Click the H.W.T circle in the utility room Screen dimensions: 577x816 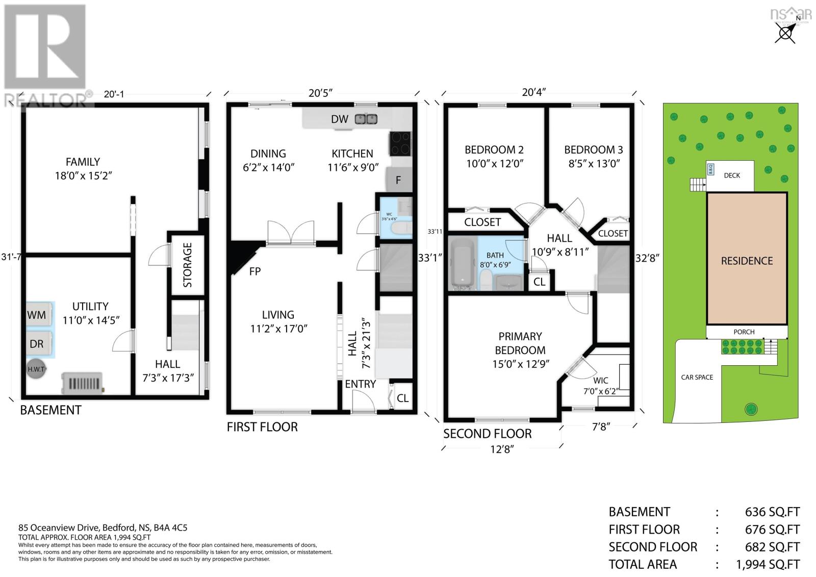(x=36, y=370)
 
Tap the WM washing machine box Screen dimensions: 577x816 (x=37, y=315)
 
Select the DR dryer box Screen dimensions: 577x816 (x=37, y=344)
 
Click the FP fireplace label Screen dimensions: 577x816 (x=255, y=271)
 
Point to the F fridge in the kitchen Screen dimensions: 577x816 (x=398, y=180)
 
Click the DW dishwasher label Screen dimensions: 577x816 (x=340, y=119)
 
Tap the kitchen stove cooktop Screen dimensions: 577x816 (x=400, y=143)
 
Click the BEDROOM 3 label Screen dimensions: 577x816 (x=593, y=150)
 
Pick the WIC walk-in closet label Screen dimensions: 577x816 (x=601, y=381)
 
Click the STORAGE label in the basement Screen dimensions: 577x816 (x=188, y=265)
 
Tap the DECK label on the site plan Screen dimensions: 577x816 (x=732, y=175)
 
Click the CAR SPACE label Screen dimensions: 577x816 (x=697, y=377)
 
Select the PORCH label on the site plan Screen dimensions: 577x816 (x=744, y=332)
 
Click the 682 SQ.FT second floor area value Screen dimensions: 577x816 (x=772, y=547)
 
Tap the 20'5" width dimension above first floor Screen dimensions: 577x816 (x=320, y=93)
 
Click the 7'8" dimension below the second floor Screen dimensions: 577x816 (x=601, y=427)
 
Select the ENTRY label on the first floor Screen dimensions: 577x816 (x=360, y=384)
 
